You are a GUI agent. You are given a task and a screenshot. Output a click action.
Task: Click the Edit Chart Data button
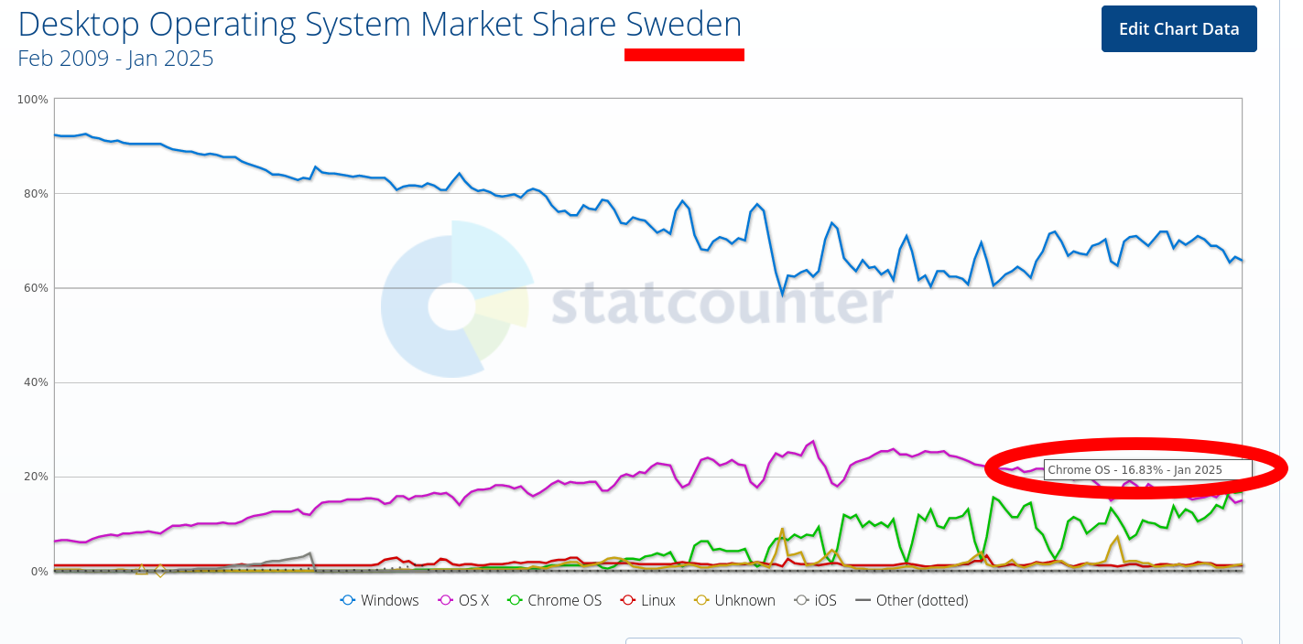(1178, 28)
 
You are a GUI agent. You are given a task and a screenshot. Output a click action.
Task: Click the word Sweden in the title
(683, 25)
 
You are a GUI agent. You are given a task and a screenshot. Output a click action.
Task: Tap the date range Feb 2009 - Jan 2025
(115, 59)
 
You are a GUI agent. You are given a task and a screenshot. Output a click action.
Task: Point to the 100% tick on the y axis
(33, 99)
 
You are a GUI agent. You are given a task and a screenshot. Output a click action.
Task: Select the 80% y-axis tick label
(36, 194)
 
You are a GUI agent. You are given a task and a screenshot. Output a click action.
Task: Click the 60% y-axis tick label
(36, 288)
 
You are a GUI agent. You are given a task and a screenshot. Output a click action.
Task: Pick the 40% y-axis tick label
(36, 382)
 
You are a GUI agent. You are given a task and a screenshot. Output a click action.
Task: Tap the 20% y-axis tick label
(36, 477)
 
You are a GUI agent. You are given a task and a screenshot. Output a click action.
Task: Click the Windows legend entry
(380, 600)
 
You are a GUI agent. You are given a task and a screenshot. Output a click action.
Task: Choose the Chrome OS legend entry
(555, 600)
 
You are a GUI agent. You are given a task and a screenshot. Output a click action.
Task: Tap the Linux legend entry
(648, 600)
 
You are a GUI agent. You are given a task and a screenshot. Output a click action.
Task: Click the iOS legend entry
(815, 600)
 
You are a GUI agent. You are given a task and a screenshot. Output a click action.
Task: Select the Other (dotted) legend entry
(912, 600)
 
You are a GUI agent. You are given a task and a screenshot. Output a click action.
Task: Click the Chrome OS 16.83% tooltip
(1146, 469)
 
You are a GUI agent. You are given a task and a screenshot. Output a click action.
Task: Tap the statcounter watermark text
(722, 303)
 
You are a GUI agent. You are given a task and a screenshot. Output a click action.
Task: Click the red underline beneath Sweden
(684, 55)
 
